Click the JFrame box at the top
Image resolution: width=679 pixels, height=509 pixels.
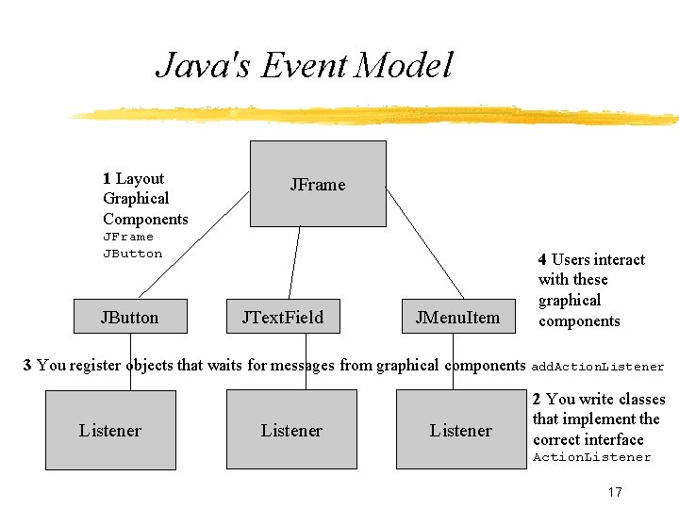(317, 184)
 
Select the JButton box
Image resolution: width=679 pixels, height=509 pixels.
(129, 317)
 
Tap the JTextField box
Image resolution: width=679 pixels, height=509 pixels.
(283, 317)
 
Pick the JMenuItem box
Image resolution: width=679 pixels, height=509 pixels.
(457, 317)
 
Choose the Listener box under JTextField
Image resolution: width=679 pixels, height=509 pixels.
(291, 430)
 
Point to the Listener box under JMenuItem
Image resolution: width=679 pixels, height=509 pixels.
(460, 430)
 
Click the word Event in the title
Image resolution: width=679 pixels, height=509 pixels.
(292, 65)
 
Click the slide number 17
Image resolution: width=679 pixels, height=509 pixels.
(615, 492)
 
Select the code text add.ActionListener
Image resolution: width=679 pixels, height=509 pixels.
(598, 367)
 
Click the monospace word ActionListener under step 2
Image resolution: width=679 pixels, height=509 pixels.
(591, 457)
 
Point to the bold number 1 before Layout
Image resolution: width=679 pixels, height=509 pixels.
(107, 178)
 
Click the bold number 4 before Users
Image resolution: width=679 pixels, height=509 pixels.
(542, 259)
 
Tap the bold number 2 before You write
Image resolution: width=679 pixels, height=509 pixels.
(537, 399)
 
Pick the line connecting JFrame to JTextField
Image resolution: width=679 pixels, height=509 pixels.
(294, 264)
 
